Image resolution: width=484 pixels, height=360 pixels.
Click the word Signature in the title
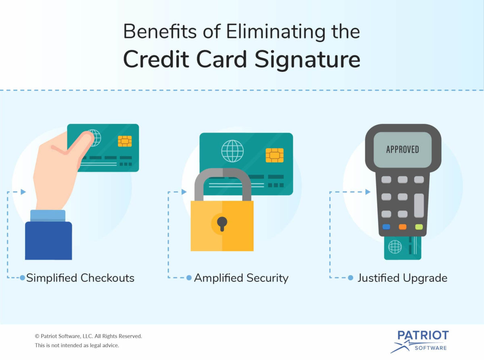point(307,60)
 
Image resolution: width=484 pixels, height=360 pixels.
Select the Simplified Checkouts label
point(80,278)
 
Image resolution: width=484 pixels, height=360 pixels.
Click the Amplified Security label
point(241,278)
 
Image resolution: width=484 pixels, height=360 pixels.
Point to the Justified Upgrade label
point(402,278)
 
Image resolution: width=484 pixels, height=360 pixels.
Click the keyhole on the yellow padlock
point(222,223)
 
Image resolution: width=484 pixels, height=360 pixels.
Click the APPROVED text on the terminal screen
point(403,149)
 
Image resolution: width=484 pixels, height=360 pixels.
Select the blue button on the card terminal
point(386,227)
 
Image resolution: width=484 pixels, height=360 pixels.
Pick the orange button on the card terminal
point(403,227)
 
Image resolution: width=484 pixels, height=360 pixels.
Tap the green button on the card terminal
point(419,227)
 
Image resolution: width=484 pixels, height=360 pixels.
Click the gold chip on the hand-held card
point(125,141)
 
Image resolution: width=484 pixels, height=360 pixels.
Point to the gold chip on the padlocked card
point(275,155)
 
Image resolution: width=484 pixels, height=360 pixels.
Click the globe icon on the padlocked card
point(232,151)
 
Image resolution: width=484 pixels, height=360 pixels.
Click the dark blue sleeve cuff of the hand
point(48,240)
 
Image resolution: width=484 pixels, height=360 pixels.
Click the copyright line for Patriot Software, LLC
point(88,336)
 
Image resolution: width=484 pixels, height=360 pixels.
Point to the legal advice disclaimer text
point(77,345)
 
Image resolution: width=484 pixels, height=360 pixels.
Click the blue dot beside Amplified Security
point(189,278)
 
